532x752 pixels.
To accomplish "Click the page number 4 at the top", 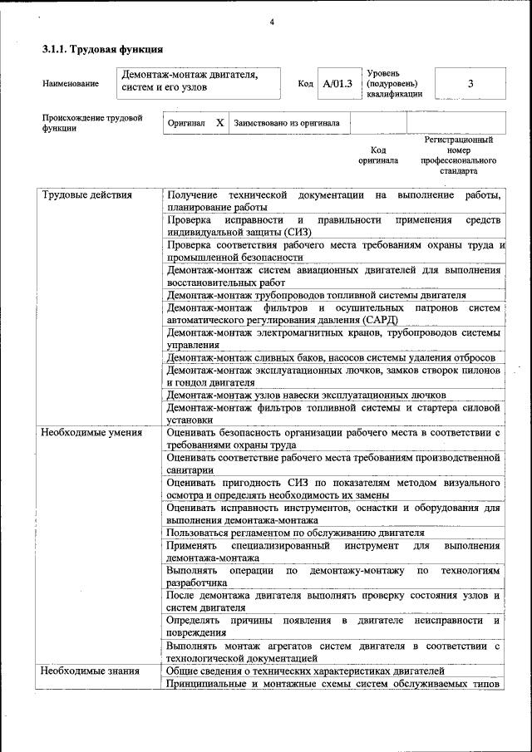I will pos(272,22).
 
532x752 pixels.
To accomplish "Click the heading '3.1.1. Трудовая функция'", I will pos(102,50).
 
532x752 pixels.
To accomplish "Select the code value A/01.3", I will pos(337,83).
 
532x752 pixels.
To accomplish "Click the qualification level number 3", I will pos(470,83).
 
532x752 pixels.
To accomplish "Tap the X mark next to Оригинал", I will pos(219,123).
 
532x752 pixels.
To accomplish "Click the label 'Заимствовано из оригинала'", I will pos(287,123).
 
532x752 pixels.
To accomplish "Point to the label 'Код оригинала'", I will pos(378,155).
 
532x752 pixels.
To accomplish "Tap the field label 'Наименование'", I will pos(71,83).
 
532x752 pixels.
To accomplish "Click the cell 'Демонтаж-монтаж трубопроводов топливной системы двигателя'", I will pos(316,295).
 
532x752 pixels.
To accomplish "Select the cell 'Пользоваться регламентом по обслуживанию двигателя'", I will pos(295,533).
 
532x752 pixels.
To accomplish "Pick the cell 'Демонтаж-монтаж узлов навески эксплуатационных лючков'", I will pos(306,395).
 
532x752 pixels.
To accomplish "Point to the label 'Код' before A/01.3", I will pos(305,83).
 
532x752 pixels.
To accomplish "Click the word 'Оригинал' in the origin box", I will pos(186,123).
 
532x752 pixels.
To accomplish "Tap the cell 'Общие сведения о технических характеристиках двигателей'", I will pos(306,671).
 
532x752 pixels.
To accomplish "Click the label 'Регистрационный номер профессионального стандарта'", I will pos(458,155).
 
